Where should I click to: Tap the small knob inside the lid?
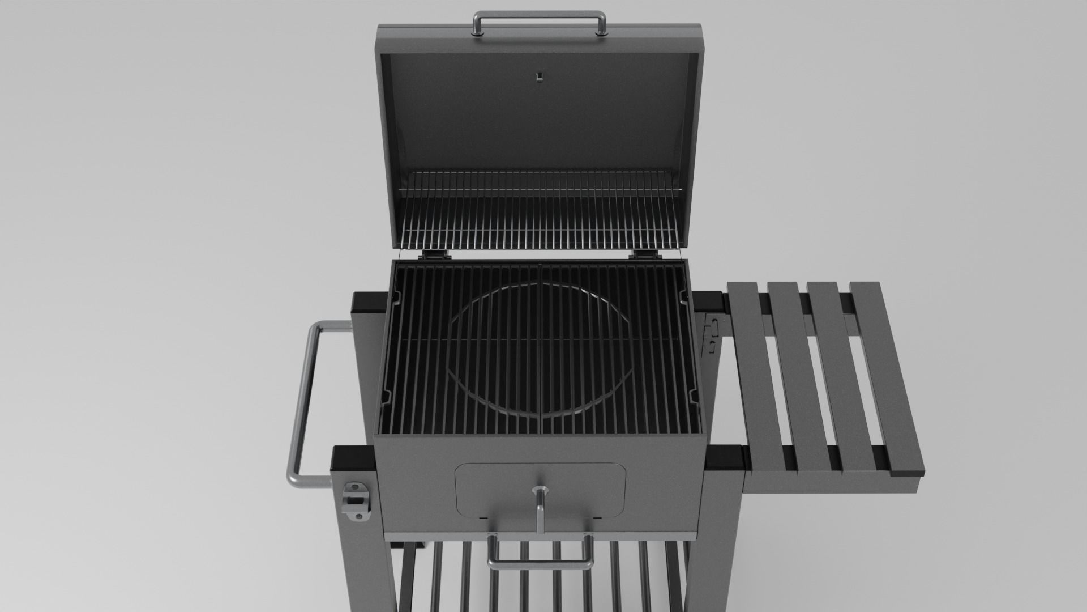point(540,75)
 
